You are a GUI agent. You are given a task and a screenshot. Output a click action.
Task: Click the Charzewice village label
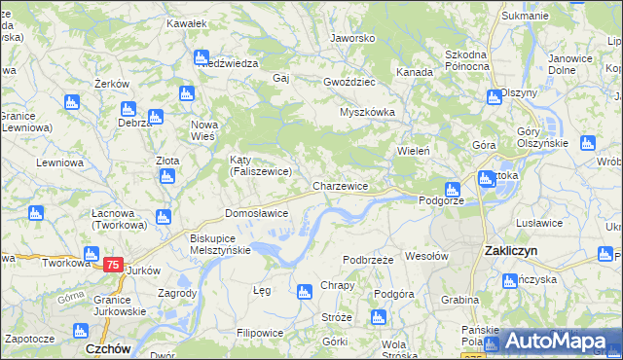click(x=340, y=186)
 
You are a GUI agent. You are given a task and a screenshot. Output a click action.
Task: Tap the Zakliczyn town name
click(x=512, y=250)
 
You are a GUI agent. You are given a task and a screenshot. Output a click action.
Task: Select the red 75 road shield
click(x=113, y=265)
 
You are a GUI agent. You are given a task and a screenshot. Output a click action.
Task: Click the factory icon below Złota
click(x=166, y=176)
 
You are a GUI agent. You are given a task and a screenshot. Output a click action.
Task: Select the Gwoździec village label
click(x=349, y=83)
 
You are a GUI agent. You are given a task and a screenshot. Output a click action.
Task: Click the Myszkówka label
click(x=367, y=112)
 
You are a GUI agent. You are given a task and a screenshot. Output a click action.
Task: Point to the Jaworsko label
click(x=352, y=39)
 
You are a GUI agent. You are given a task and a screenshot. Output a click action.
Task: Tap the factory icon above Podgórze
click(x=451, y=190)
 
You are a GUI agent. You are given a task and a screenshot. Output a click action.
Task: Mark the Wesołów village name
click(x=425, y=257)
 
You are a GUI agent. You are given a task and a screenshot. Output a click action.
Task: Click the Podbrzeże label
click(x=368, y=260)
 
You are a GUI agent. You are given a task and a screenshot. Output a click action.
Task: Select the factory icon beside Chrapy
click(x=304, y=289)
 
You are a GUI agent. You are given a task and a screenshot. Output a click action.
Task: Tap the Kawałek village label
click(x=185, y=22)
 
